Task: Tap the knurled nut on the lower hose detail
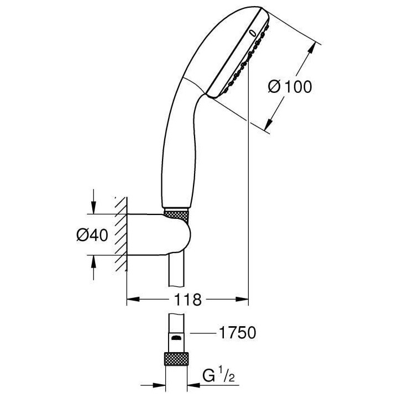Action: click(x=177, y=358)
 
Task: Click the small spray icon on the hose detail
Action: click(x=176, y=337)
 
